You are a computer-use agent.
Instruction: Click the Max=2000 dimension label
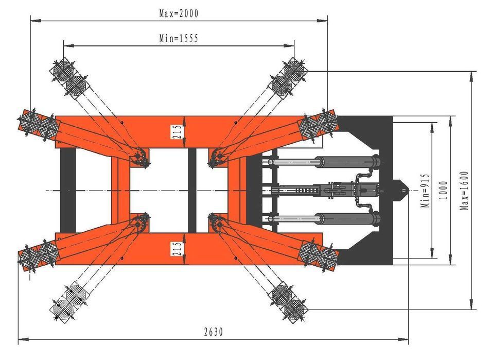(178, 14)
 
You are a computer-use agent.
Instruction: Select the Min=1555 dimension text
(178, 39)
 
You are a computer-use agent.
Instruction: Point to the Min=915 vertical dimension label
(425, 190)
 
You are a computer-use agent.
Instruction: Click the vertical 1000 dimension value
(444, 190)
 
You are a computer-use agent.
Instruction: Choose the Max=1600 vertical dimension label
(464, 190)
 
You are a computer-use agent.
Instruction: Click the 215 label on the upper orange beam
(177, 133)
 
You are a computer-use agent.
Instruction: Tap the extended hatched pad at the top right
(288, 77)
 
